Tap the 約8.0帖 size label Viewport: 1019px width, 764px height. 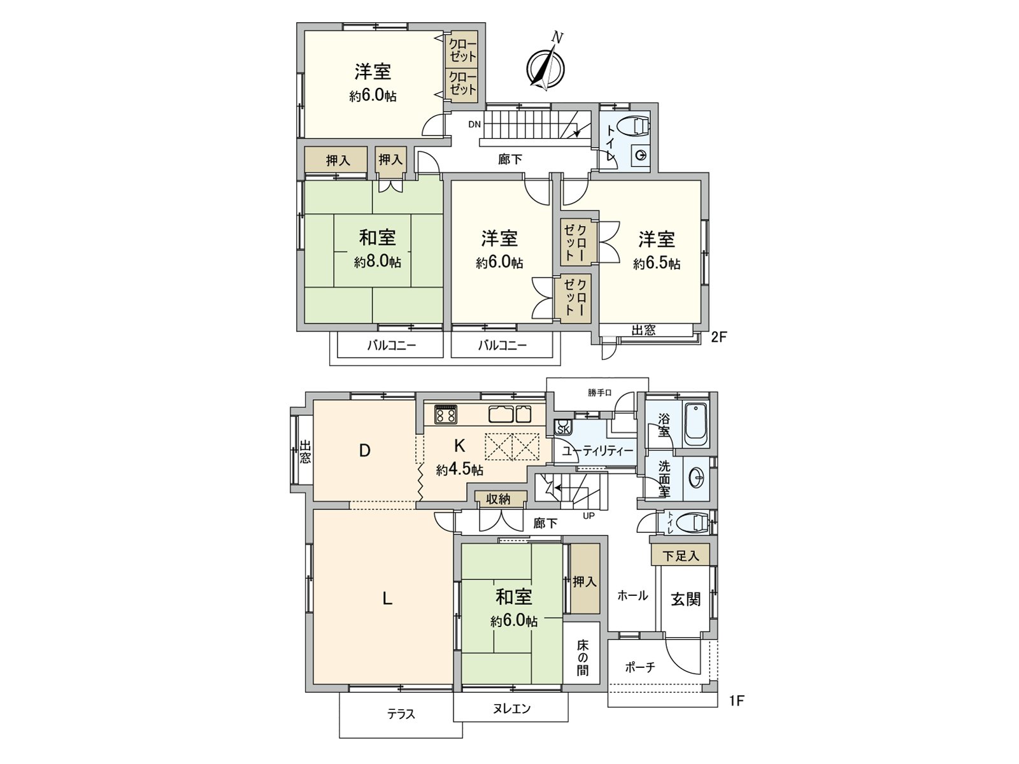[x=378, y=262]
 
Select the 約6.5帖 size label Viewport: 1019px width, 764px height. [x=657, y=264]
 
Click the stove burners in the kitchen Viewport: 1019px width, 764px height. [x=445, y=415]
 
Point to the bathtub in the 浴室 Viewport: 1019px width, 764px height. [x=696, y=424]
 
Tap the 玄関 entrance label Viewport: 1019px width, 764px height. [x=685, y=598]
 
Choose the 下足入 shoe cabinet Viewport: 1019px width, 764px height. [x=680, y=556]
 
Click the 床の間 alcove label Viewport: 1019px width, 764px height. [x=583, y=657]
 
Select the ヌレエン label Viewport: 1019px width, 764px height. [x=511, y=708]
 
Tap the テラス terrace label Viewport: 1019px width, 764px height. [x=401, y=714]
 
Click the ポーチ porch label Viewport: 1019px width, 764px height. [x=639, y=667]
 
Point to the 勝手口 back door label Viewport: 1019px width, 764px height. [x=599, y=393]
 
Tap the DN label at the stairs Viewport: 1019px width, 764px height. [x=474, y=124]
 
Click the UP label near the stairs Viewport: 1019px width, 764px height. [x=588, y=516]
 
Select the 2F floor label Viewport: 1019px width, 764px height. [x=718, y=337]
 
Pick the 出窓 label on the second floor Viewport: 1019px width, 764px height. [x=643, y=330]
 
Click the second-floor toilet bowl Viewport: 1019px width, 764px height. [x=637, y=126]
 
